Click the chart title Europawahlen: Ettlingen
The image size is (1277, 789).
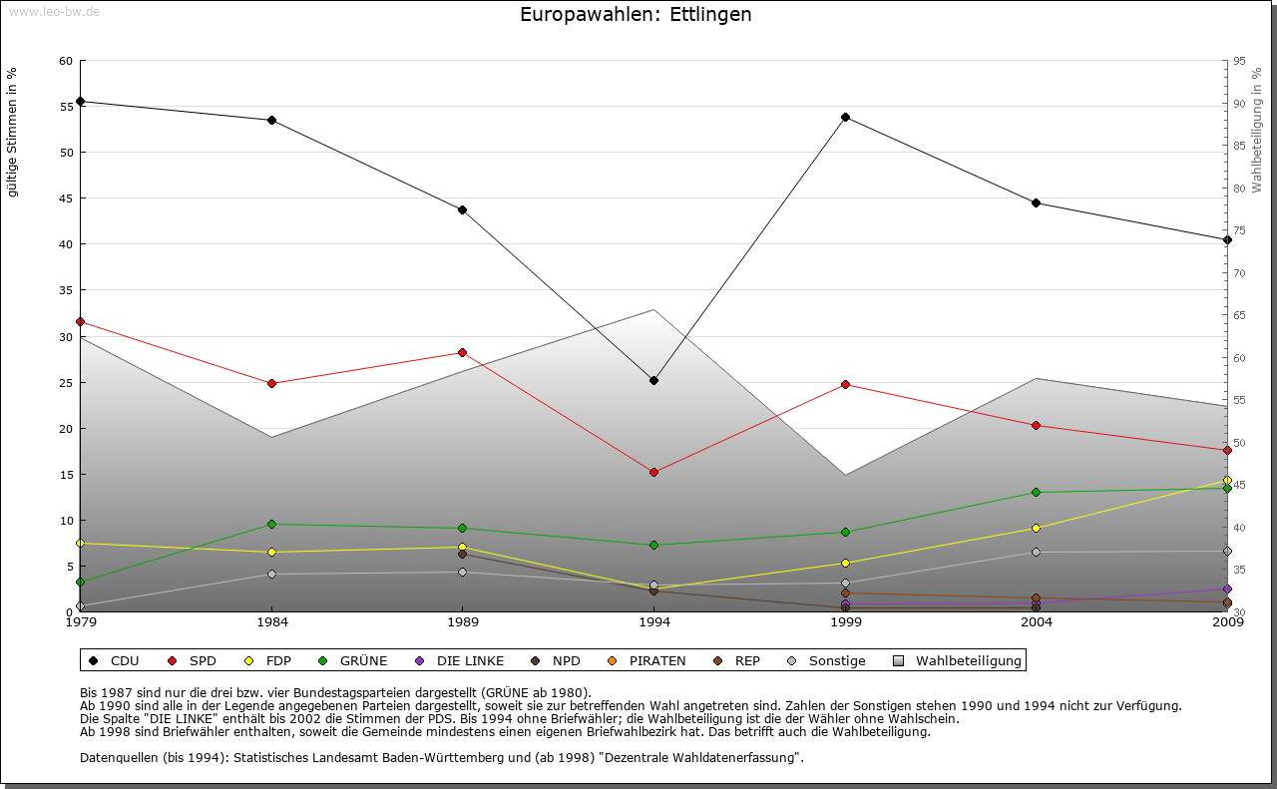(x=636, y=15)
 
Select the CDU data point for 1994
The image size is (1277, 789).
(x=653, y=380)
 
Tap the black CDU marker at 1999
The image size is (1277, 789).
(x=845, y=118)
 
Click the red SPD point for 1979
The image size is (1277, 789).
(x=80, y=321)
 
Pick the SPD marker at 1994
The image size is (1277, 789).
(x=653, y=472)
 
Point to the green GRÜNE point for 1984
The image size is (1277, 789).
(x=271, y=525)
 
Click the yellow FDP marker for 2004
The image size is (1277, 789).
(x=1036, y=528)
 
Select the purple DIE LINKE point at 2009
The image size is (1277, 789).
(x=1227, y=589)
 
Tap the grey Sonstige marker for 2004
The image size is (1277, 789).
(x=1036, y=552)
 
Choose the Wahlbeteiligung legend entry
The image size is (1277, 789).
(x=958, y=660)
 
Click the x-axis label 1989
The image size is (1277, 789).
(x=463, y=623)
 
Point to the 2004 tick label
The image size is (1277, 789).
(x=1037, y=623)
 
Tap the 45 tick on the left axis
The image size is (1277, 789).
(x=66, y=198)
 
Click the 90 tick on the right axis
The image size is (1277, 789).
(x=1239, y=104)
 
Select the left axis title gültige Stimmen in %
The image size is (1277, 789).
(x=13, y=132)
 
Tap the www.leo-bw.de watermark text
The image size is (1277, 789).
(x=54, y=12)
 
